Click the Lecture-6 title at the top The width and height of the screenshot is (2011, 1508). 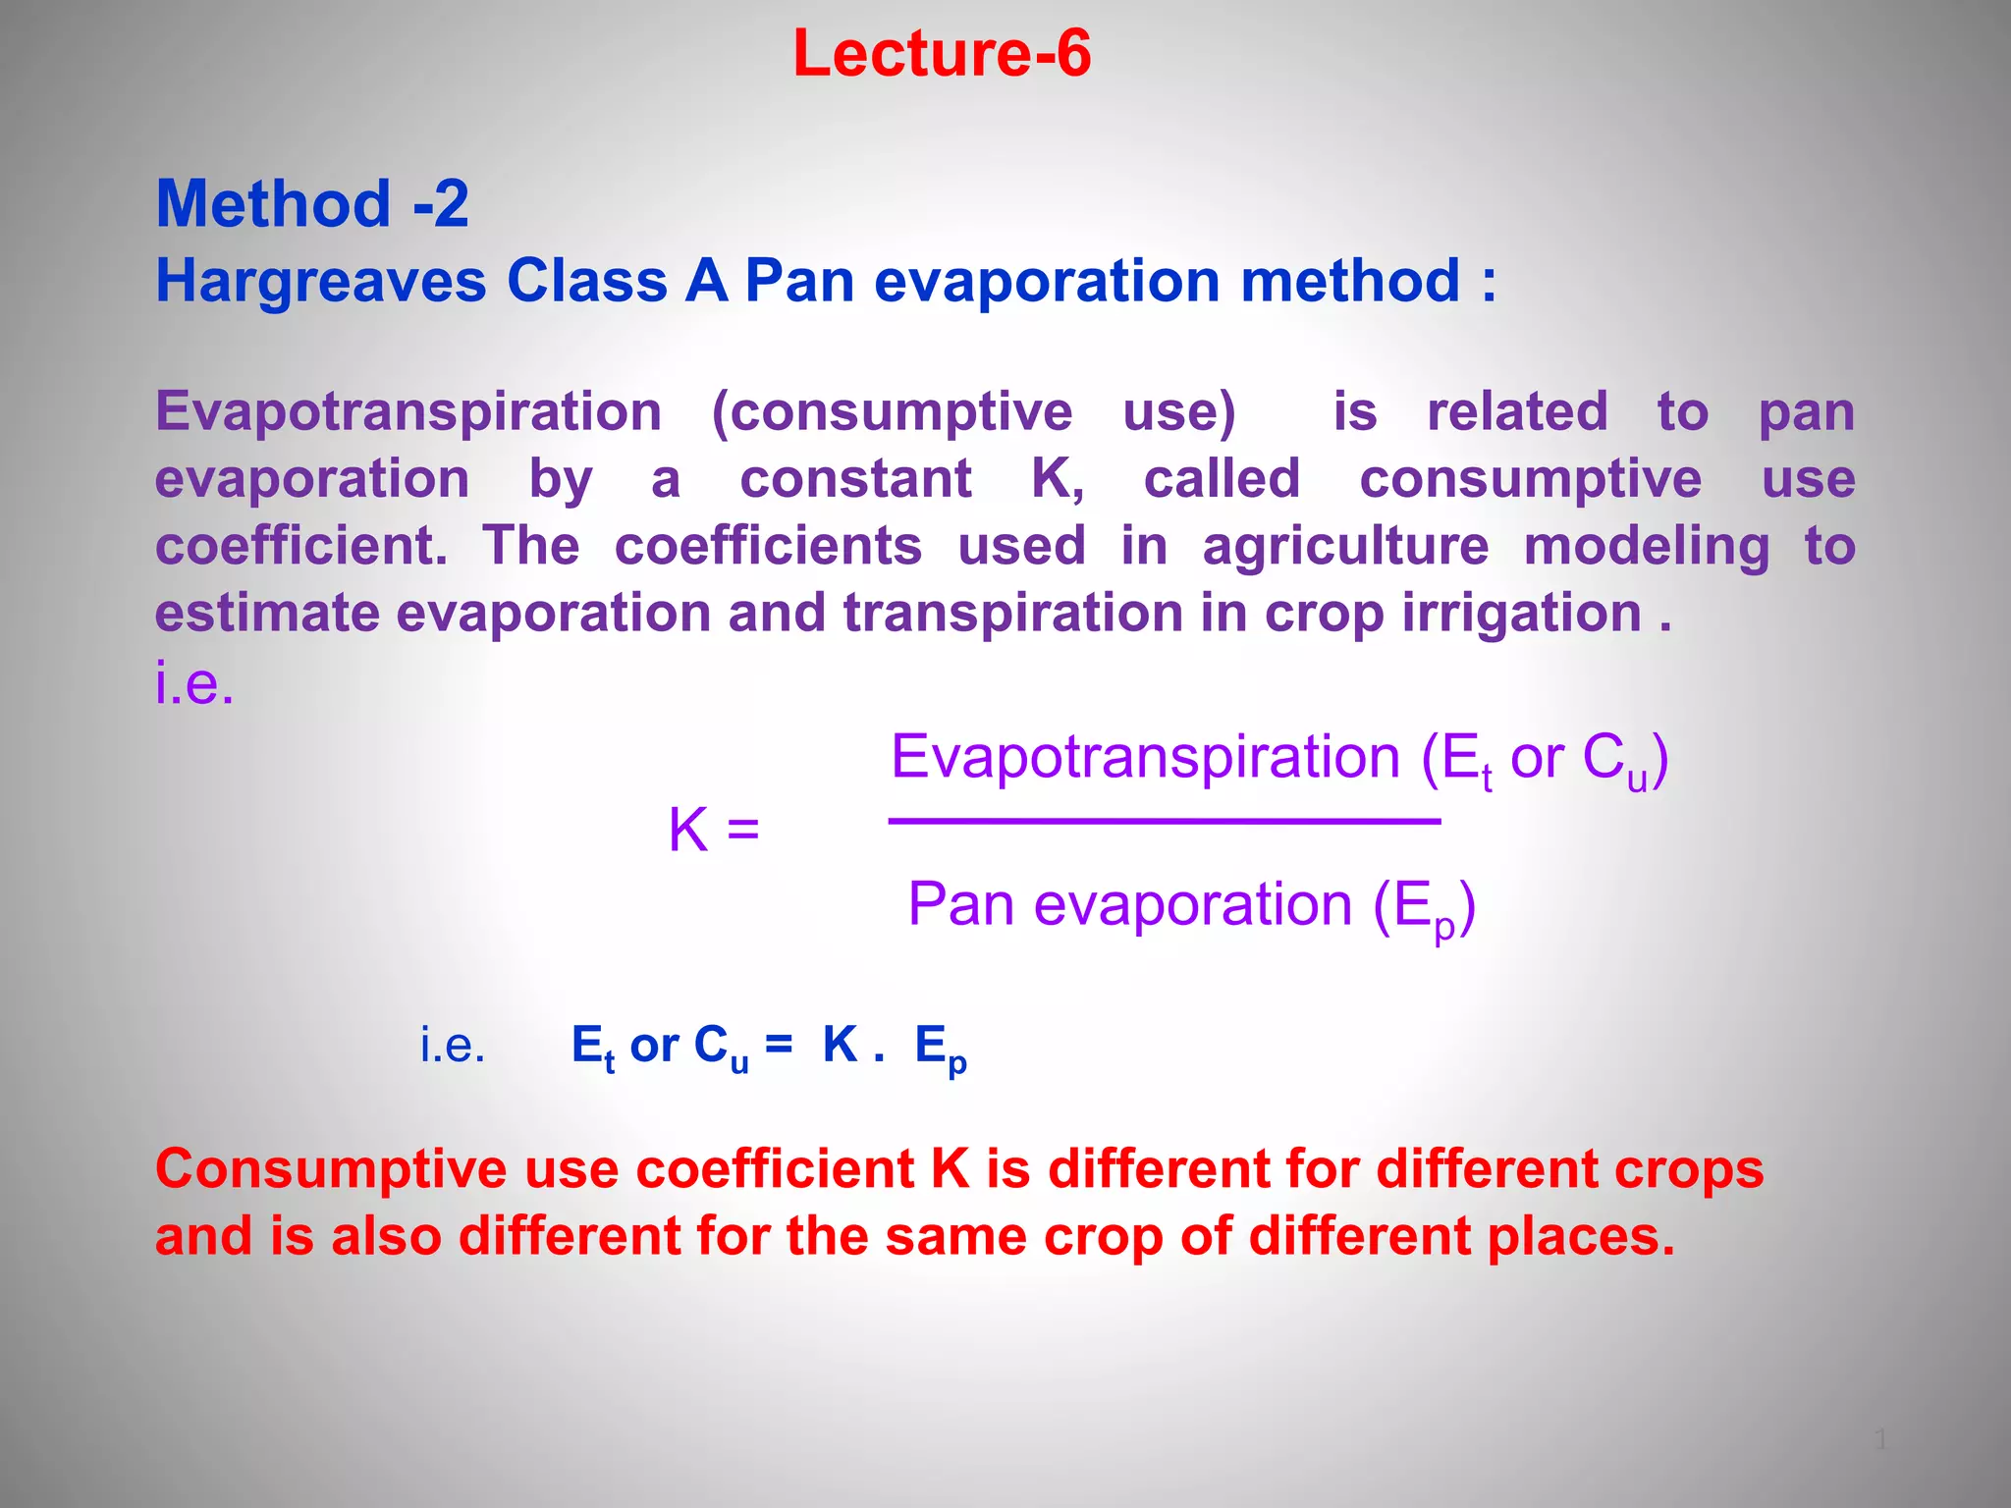click(941, 53)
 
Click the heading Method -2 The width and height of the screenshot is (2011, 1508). click(312, 204)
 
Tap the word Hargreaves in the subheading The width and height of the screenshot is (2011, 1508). click(320, 282)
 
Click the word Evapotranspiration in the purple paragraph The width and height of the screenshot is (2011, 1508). click(408, 411)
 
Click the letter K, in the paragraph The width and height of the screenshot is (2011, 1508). click(1058, 479)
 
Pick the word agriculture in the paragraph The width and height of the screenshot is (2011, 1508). click(1345, 547)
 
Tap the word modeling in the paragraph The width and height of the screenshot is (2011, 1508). click(1647, 547)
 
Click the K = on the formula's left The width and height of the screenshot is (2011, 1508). click(714, 831)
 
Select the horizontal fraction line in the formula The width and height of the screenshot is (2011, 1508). click(1164, 821)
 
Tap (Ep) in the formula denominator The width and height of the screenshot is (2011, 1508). click(1423, 906)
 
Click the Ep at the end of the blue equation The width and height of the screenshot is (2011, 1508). click(941, 1048)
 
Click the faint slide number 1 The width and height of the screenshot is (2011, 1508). click(1880, 1440)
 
